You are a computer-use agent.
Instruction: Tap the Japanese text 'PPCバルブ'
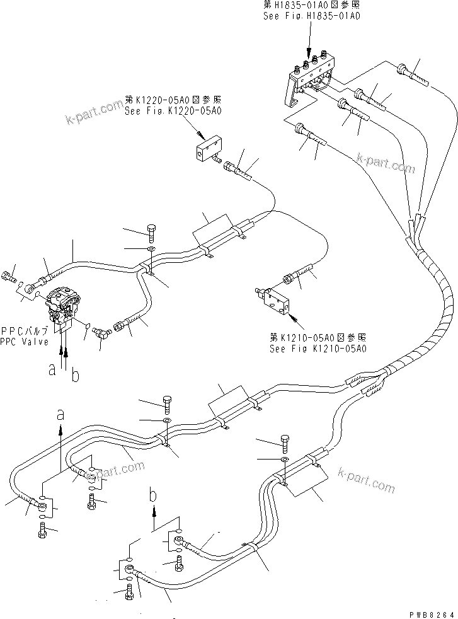pos(23,330)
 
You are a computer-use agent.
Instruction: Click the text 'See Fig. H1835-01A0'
pos(311,17)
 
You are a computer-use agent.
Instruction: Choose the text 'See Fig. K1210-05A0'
pos(318,349)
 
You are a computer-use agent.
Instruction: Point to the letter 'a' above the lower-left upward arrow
pos(60,414)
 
